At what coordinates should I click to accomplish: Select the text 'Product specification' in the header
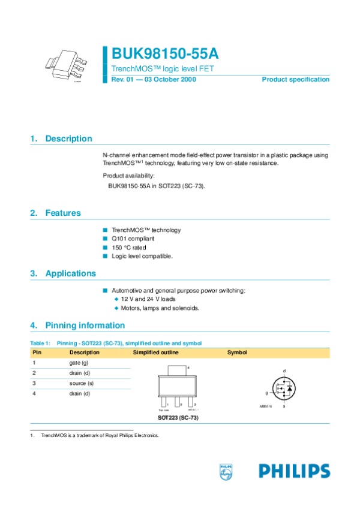pos(295,80)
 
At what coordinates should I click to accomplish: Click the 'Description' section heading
pos(68,138)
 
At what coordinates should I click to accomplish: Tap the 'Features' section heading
pos(63,213)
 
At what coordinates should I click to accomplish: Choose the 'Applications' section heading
pos(70,273)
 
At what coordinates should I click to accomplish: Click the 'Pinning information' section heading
pos(85,326)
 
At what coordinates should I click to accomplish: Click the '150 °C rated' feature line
pos(128,248)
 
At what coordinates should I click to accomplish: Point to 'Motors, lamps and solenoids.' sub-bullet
pos(160,308)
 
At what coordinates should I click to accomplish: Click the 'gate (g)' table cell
pos(79,363)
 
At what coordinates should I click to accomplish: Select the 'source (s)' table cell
pos(81,383)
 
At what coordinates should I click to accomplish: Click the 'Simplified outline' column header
pos(155,353)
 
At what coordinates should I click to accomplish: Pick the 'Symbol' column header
pos(237,353)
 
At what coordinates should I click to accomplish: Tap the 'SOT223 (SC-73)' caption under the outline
pos(178,417)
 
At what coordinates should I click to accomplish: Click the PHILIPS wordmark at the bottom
pos(295,471)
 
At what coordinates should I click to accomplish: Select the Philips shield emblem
pos(226,471)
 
